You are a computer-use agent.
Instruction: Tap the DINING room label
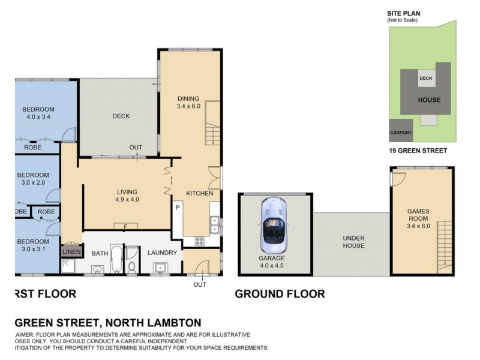(x=187, y=103)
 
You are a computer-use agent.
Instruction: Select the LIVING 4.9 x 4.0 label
(x=127, y=196)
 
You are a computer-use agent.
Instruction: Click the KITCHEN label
(x=199, y=193)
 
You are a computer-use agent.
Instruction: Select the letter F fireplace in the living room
(x=126, y=226)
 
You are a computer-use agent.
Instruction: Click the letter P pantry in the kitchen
(x=178, y=208)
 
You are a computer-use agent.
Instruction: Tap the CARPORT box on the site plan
(x=400, y=132)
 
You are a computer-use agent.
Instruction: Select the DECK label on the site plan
(x=426, y=79)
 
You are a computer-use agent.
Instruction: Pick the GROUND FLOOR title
(x=280, y=294)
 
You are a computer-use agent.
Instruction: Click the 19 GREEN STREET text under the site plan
(x=417, y=151)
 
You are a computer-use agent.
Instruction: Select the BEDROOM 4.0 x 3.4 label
(x=38, y=113)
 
